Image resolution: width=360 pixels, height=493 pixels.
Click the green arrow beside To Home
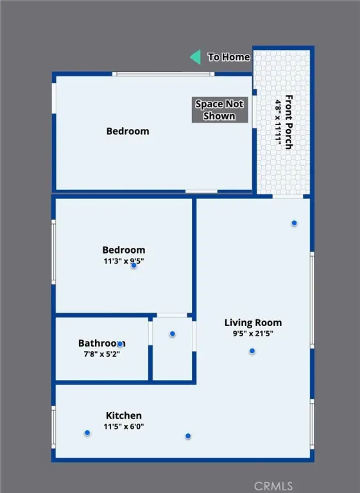196,57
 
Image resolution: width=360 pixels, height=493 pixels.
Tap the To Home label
229,57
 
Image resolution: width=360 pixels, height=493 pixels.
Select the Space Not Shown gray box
219,110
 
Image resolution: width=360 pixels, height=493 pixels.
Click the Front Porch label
289,122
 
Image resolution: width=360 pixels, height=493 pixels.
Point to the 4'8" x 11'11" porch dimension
279,123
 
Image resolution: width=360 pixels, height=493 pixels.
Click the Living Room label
253,323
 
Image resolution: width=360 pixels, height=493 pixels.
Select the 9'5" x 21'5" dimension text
253,333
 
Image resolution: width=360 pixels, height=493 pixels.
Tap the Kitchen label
124,415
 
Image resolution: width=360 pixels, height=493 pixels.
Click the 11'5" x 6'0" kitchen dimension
124,426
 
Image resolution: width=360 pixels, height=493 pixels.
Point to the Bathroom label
102,343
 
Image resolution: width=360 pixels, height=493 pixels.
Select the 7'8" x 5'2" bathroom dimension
102,354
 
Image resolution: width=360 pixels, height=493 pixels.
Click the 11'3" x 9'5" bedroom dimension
124,261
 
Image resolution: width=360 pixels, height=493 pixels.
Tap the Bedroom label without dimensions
128,131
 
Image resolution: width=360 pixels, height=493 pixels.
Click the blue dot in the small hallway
172,334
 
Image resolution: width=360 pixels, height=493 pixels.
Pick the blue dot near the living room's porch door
295,223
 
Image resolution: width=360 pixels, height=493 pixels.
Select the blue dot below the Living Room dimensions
252,351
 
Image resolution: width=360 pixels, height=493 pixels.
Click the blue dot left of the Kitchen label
87,433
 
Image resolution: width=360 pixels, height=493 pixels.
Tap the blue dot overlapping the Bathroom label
120,344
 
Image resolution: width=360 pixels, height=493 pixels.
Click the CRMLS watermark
273,486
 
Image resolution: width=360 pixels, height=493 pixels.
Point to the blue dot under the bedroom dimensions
134,265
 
